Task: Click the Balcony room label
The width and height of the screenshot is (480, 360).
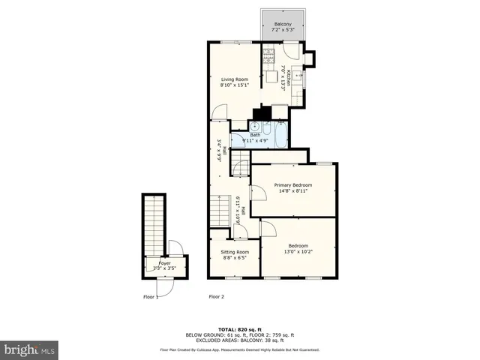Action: (283, 25)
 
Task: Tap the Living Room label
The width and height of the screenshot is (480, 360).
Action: (234, 79)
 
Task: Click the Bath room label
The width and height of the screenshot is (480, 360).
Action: (255, 135)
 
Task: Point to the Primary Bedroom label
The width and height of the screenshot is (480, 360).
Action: (292, 185)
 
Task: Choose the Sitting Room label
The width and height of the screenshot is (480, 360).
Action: (234, 252)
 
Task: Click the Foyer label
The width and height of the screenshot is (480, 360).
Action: (163, 262)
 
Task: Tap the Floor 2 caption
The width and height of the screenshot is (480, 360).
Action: (216, 296)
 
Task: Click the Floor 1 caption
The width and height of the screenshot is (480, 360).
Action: (151, 296)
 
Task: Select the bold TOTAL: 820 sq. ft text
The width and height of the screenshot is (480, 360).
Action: (239, 329)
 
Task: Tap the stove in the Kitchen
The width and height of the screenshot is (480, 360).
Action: (268, 55)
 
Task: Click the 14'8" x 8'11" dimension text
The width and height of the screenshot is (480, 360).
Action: (292, 191)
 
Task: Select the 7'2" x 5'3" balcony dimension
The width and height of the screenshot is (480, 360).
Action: (283, 31)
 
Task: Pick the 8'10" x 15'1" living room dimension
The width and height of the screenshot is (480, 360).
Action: (234, 85)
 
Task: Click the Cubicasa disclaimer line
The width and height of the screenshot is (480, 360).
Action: (239, 349)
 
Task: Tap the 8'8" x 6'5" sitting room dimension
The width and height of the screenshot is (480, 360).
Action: (234, 258)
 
